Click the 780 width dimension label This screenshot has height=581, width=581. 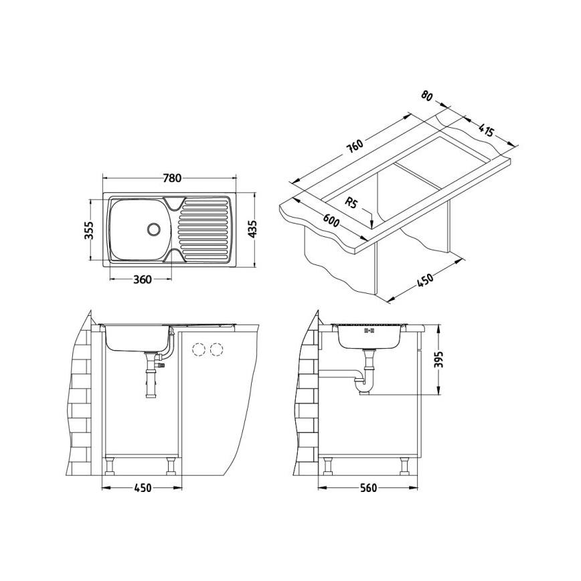(172, 178)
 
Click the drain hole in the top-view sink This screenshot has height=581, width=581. (153, 228)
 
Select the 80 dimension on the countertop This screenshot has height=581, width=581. (426, 96)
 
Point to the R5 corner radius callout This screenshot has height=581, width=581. (352, 201)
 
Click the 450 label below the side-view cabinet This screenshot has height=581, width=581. (141, 487)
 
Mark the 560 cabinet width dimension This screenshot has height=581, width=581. (367, 487)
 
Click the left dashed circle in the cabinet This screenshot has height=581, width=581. (198, 349)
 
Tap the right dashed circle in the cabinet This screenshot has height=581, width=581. (216, 349)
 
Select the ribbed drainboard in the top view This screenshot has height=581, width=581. (204, 230)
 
